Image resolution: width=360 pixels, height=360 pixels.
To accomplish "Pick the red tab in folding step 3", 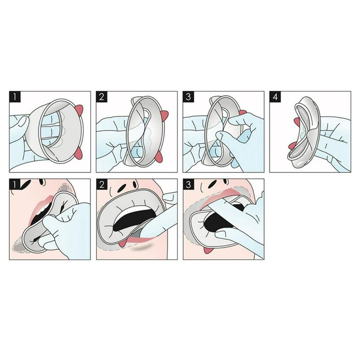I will click(x=243, y=112).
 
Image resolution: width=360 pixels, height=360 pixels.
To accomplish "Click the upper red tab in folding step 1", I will click(x=79, y=109).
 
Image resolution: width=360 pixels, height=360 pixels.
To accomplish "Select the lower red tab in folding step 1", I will click(x=79, y=152).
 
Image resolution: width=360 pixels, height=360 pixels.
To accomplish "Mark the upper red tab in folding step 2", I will click(x=164, y=115).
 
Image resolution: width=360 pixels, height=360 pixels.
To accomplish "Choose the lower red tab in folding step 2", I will click(x=159, y=157).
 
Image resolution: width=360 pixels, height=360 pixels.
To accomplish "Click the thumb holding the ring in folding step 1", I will click(x=22, y=123).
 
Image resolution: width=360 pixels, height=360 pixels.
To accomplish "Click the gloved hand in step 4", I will click(x=334, y=141).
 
